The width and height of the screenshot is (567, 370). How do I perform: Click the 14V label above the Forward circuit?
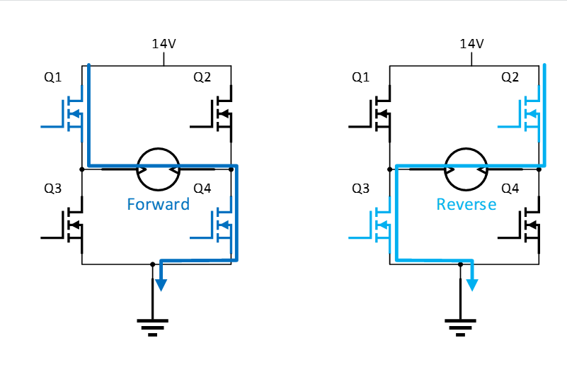click(x=164, y=44)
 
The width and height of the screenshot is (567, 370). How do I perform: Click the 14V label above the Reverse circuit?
click(x=471, y=44)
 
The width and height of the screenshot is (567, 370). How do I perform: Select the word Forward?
click(x=158, y=204)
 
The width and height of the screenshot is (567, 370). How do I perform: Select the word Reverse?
click(x=466, y=204)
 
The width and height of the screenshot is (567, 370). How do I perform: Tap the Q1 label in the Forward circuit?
click(x=53, y=77)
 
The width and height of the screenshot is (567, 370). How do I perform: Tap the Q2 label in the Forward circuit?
click(x=202, y=77)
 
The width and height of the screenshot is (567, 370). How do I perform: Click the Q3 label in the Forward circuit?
click(x=53, y=189)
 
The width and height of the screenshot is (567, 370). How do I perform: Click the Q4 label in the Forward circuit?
click(x=202, y=189)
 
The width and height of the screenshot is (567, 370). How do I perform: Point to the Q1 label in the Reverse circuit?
click(x=361, y=77)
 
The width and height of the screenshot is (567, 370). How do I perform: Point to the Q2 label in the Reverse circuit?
click(x=510, y=77)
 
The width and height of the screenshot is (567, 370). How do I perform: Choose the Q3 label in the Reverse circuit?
click(x=361, y=189)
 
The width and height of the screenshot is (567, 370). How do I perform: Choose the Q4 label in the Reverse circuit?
click(x=510, y=189)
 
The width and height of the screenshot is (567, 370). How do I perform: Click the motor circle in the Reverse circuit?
click(x=465, y=169)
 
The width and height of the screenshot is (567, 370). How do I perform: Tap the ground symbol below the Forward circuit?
click(x=152, y=326)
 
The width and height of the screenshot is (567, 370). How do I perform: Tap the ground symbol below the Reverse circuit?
click(x=460, y=326)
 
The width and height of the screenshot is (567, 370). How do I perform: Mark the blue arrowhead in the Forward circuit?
click(x=161, y=284)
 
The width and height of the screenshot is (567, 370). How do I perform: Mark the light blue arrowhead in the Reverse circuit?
click(x=471, y=284)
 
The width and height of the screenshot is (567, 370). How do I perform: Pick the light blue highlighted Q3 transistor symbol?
click(x=379, y=225)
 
